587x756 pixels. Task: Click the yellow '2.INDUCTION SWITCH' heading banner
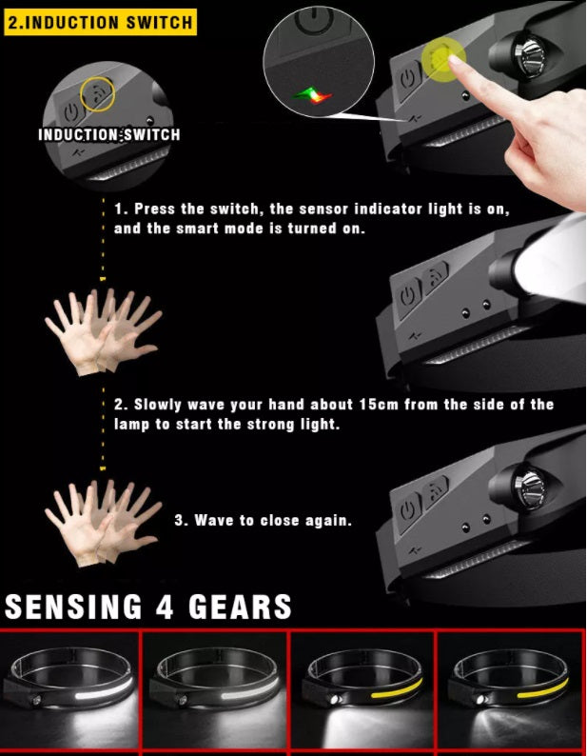(100, 22)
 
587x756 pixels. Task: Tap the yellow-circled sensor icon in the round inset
(97, 94)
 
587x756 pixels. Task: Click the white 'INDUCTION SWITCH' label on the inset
(109, 134)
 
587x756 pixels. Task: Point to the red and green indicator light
(312, 95)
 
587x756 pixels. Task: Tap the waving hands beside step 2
(103, 331)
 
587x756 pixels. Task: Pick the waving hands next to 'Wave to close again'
(103, 522)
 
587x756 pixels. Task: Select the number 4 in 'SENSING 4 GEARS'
(165, 607)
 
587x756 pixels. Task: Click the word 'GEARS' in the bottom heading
(240, 607)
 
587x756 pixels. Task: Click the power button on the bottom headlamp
(408, 510)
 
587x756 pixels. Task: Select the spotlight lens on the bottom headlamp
(529, 487)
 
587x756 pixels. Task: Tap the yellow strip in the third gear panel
(396, 688)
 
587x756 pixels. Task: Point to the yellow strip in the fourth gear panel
(542, 688)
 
